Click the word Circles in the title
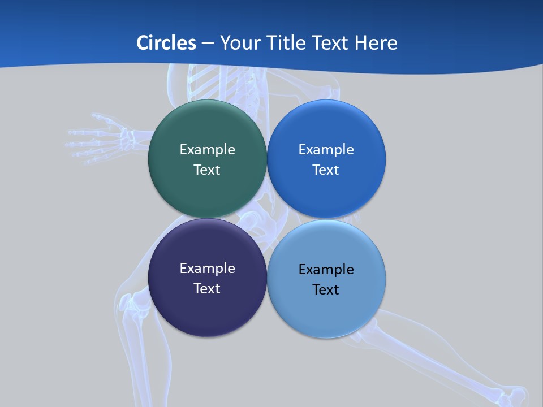coord(166,43)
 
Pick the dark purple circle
coord(207,311)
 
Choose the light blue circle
coord(326,314)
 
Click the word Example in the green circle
coord(207,150)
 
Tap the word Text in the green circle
coord(207,170)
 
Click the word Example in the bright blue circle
coord(326,150)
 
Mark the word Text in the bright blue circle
coord(326,170)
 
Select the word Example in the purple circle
coord(207,269)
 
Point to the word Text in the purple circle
coord(207,289)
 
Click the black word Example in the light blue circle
coord(326,270)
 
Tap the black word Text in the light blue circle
coord(326,290)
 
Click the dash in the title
coord(208,44)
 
